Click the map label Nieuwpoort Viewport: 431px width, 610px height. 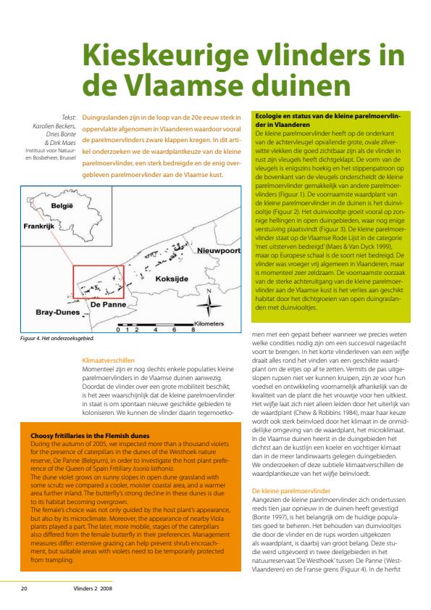[x=219, y=250]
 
